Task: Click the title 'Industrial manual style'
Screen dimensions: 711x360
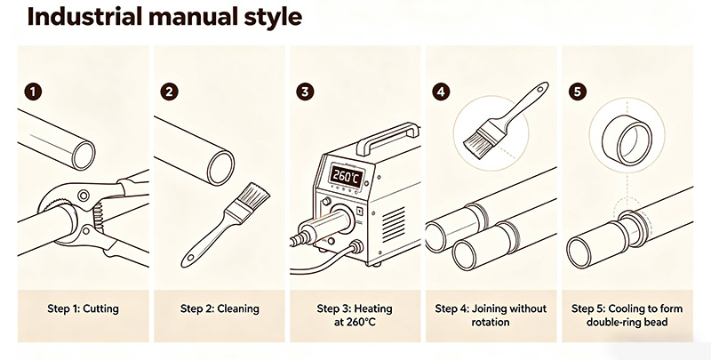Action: (x=164, y=17)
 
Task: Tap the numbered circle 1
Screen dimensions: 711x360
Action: (x=33, y=92)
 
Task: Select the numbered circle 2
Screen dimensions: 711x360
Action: (x=169, y=92)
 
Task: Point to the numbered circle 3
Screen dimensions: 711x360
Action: (x=305, y=92)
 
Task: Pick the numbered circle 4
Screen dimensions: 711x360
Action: (x=441, y=92)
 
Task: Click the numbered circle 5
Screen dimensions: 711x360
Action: (x=577, y=92)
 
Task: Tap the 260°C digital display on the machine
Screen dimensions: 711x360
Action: (x=346, y=176)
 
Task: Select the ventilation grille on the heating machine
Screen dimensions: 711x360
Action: (x=394, y=224)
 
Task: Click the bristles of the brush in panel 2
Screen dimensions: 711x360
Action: (x=254, y=196)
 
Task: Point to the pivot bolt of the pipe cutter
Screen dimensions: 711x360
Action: (x=83, y=196)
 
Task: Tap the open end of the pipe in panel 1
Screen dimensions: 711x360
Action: (x=84, y=155)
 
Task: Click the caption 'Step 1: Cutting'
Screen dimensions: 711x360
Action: (x=83, y=308)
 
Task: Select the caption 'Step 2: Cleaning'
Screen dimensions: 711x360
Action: (x=220, y=308)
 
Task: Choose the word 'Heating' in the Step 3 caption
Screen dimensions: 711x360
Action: (x=373, y=308)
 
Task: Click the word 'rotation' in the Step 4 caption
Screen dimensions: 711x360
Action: (x=491, y=323)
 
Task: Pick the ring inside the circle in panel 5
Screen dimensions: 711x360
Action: (x=627, y=140)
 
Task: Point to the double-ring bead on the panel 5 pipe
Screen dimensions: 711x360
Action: (x=634, y=228)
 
